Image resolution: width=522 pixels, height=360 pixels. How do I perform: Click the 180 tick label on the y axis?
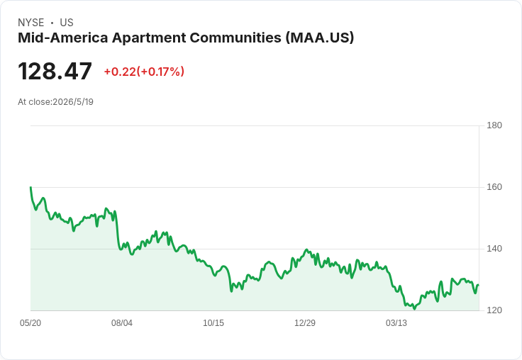pyautogui.click(x=494, y=125)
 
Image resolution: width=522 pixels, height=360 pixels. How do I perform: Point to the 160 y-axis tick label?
pyautogui.click(x=494, y=187)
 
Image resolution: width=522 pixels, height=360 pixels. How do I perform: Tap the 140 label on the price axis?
pyautogui.click(x=494, y=249)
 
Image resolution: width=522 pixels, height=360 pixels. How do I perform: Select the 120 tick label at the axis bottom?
pyautogui.click(x=494, y=310)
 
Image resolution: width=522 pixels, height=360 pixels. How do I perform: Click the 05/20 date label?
pyautogui.click(x=30, y=323)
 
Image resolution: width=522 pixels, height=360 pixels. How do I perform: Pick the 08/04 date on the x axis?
pyautogui.click(x=122, y=323)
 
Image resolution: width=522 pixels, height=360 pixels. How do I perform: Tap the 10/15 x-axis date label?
pyautogui.click(x=213, y=323)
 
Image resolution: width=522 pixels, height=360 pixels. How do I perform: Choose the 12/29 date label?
pyautogui.click(x=305, y=323)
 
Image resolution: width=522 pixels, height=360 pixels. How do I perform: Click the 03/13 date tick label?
pyautogui.click(x=396, y=323)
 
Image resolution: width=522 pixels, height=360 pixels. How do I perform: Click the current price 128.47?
pyautogui.click(x=55, y=71)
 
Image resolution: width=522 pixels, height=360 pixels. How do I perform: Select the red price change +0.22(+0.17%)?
pyautogui.click(x=144, y=72)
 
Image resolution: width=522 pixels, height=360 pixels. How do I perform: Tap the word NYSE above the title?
pyautogui.click(x=31, y=23)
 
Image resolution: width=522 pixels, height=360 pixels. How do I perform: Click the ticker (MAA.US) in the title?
pyautogui.click(x=320, y=38)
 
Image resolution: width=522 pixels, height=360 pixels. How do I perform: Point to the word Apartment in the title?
pyautogui.click(x=149, y=38)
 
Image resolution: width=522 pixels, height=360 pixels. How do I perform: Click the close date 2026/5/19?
pyautogui.click(x=73, y=102)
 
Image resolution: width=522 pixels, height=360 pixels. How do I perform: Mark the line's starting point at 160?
pyautogui.click(x=30, y=187)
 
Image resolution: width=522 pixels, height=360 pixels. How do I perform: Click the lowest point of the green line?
pyautogui.click(x=414, y=309)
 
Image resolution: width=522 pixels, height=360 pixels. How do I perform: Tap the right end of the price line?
pyautogui.click(x=479, y=285)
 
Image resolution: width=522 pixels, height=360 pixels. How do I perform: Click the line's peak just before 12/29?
pyautogui.click(x=306, y=249)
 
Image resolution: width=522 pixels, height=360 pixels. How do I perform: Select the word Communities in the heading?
pyautogui.click(x=235, y=38)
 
